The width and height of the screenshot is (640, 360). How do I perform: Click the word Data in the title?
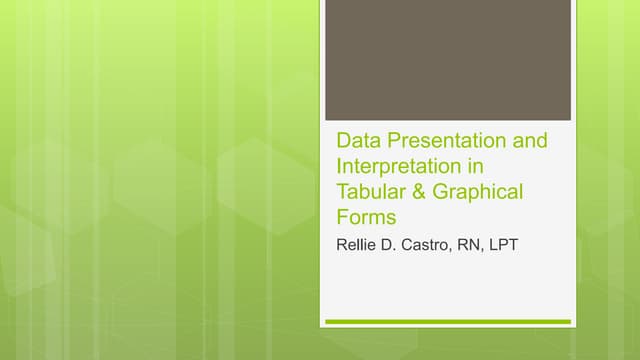[355, 141]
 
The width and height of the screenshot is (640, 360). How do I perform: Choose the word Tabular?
[370, 191]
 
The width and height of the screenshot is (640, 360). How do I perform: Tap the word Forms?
[366, 217]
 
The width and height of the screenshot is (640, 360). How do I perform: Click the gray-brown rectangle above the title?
[447, 60]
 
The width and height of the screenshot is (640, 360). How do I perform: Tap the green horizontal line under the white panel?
[447, 322]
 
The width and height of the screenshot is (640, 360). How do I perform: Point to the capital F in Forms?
[342, 217]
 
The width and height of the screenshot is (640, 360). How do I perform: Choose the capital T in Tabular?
[342, 191]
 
